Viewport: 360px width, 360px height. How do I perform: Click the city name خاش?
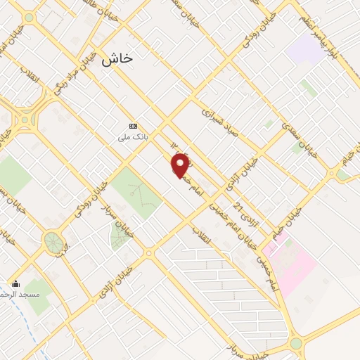117,60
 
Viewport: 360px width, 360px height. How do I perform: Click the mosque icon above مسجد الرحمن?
16,283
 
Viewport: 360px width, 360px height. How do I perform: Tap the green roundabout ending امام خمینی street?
295,344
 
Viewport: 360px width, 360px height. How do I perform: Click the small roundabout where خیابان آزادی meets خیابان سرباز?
148,252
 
